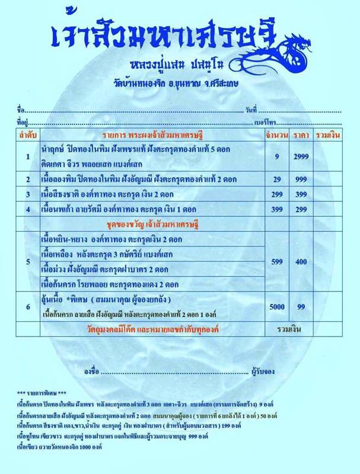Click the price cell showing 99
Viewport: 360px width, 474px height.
pos(301,306)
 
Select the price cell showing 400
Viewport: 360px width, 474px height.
pos(301,261)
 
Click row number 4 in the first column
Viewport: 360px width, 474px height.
pos(27,209)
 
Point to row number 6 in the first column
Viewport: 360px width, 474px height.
pos(27,306)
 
